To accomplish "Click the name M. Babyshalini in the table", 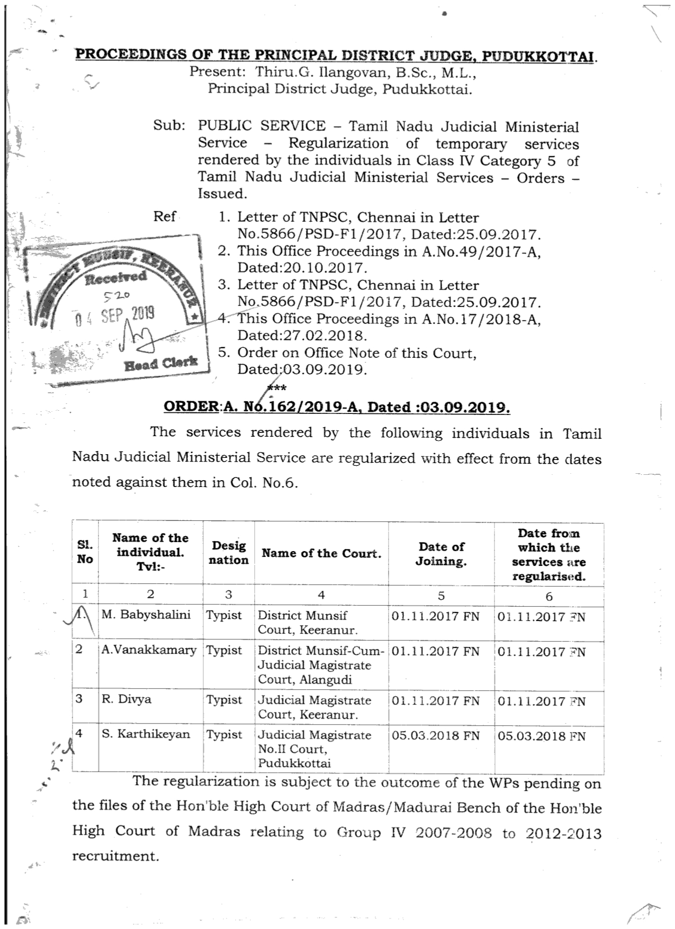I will pyautogui.click(x=146, y=615).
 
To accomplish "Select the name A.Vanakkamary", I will pyautogui.click(x=149, y=650).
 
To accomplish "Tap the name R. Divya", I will pyautogui.click(x=127, y=699).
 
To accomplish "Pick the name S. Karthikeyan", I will pyautogui.click(x=146, y=734).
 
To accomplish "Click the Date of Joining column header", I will pyautogui.click(x=441, y=554).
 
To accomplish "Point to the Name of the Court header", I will pyautogui.click(x=321, y=554).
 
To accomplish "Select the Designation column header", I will pyautogui.click(x=228, y=553).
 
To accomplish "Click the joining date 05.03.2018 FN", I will pyautogui.click(x=435, y=735).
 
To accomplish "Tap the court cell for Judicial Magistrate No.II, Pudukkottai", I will pyautogui.click(x=314, y=748).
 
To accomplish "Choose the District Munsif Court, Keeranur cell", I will pyautogui.click(x=307, y=622).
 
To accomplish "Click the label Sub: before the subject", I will pyautogui.click(x=169, y=125).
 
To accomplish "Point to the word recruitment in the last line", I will pyautogui.click(x=115, y=856).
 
